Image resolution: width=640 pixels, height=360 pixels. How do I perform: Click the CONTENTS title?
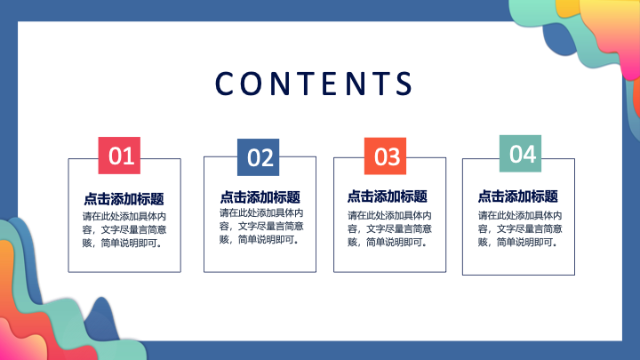point(314,84)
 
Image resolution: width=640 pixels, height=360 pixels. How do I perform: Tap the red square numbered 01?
point(119,156)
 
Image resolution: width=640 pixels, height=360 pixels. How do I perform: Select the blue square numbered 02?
point(259,157)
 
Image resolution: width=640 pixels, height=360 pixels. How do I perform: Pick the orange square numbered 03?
point(385,156)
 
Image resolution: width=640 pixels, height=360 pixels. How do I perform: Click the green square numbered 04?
point(520,154)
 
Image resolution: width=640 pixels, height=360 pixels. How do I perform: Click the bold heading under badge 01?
point(124,199)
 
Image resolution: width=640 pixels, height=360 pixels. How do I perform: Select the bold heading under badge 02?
point(260,197)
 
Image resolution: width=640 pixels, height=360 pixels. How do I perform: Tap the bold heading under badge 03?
point(388,196)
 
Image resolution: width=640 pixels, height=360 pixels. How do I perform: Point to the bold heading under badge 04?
point(518,196)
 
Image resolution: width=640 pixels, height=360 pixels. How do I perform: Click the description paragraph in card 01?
point(124,229)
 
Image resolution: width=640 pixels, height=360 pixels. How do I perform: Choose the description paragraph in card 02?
point(261,226)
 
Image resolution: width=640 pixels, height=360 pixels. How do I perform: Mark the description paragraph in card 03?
point(390,228)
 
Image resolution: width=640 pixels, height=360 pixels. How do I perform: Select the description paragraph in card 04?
point(520,228)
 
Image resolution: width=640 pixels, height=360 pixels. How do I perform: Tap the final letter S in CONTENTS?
point(404,84)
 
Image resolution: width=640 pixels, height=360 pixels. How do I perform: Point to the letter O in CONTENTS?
point(250,84)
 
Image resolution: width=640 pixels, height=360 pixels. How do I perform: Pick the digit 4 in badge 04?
point(530,154)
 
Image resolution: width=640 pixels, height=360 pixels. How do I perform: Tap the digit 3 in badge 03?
point(394,156)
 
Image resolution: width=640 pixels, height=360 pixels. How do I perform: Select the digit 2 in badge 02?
point(267,158)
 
